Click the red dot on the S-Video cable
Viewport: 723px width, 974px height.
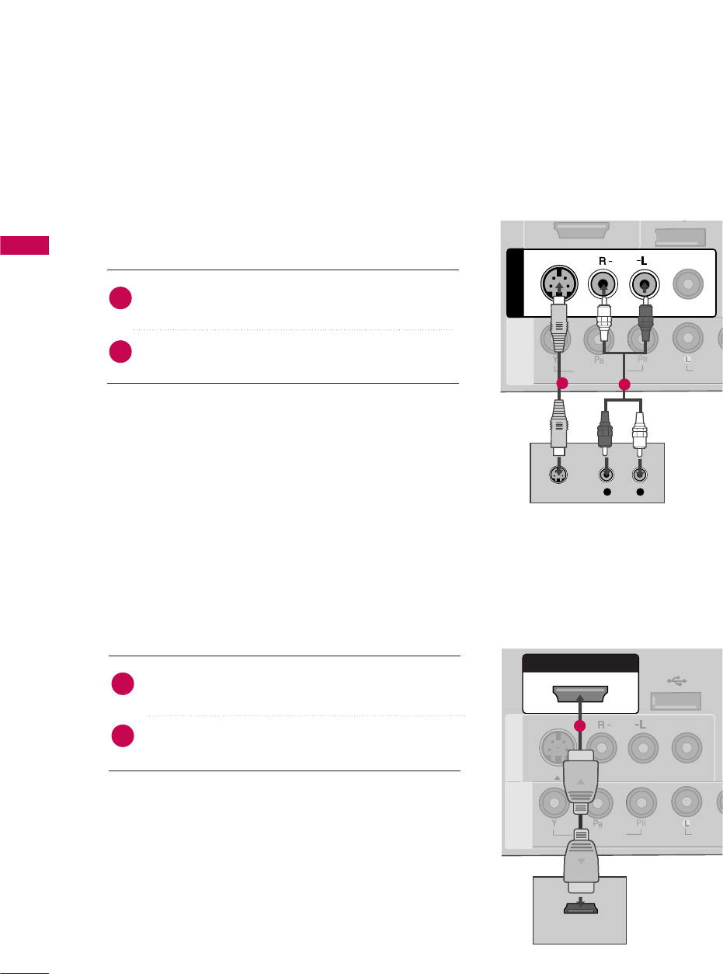(x=563, y=384)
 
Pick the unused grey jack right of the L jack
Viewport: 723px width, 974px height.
(x=687, y=284)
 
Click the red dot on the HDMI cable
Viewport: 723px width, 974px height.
(x=579, y=725)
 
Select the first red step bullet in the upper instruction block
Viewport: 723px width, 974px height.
(x=121, y=298)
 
